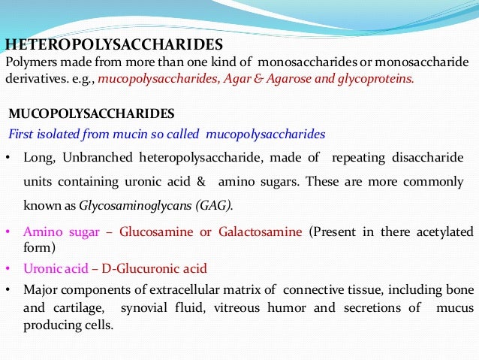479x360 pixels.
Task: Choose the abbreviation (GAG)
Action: pos(217,204)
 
